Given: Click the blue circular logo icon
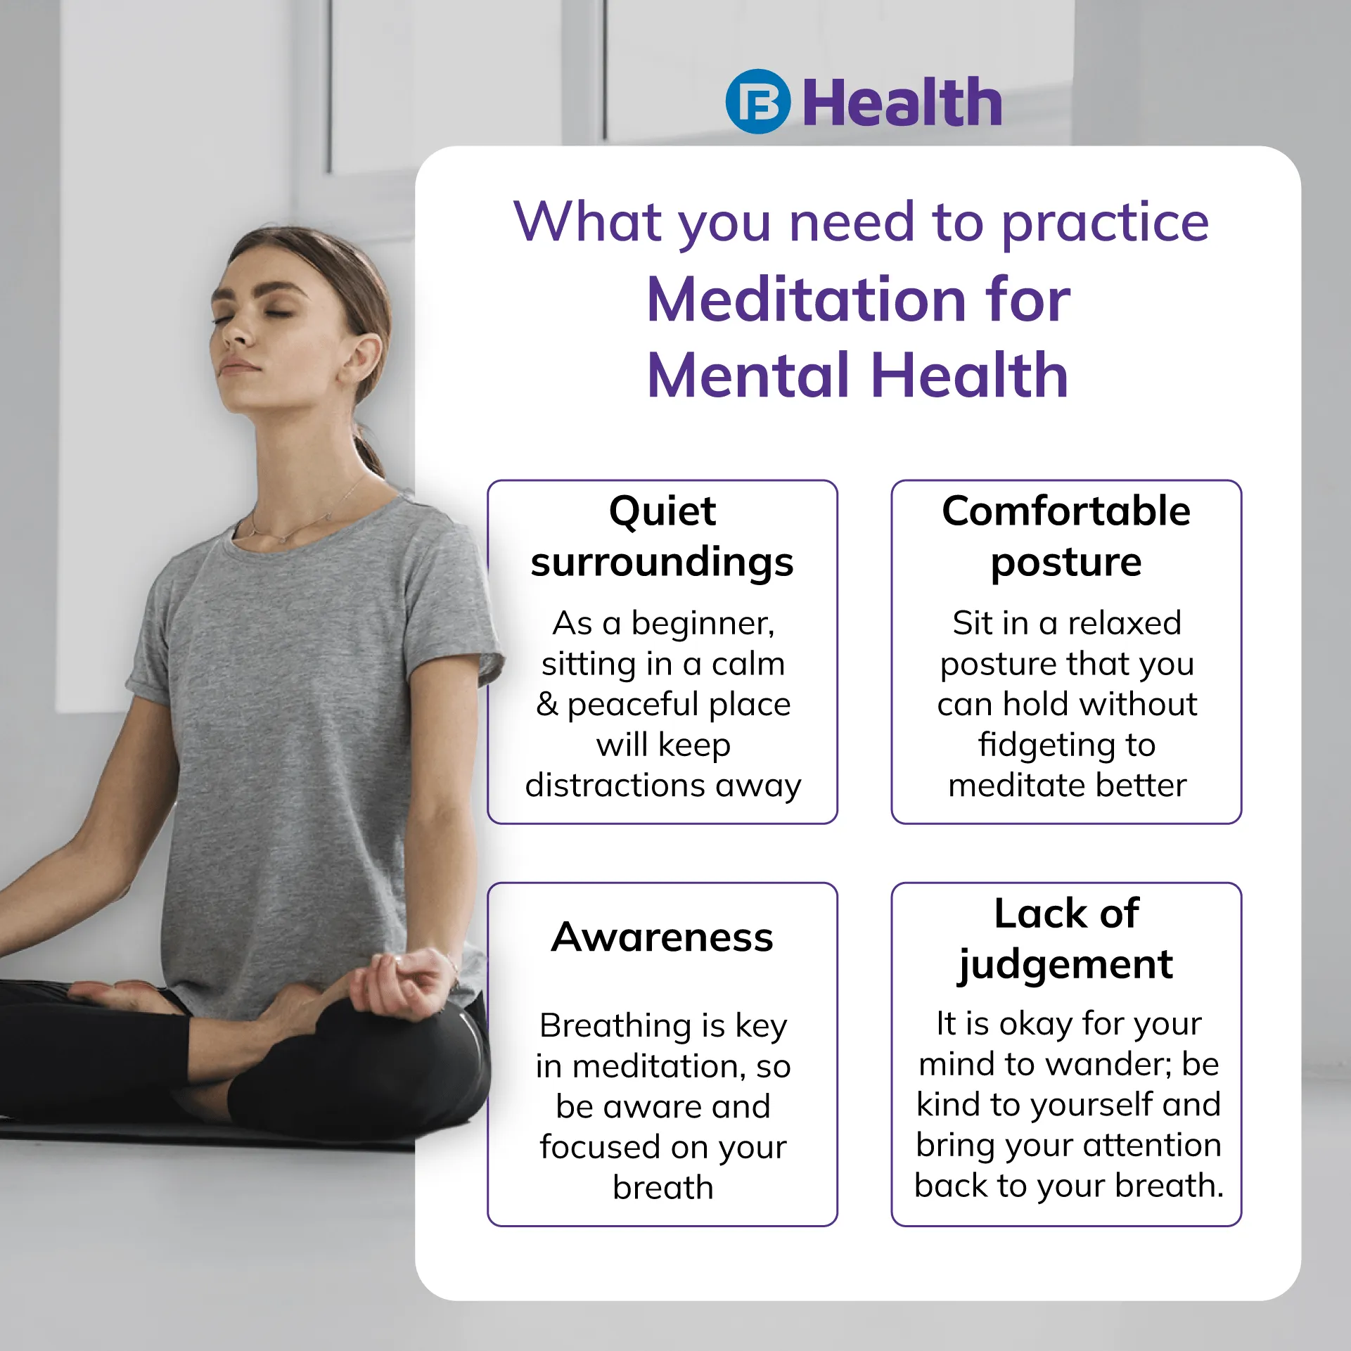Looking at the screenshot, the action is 757,102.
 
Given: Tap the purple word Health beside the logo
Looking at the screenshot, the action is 902,103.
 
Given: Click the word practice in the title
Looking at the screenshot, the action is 1105,224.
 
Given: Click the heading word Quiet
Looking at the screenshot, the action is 662,512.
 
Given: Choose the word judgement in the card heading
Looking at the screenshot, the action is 1065,966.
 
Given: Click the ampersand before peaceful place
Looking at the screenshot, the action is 547,704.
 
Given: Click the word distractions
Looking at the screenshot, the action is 615,785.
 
